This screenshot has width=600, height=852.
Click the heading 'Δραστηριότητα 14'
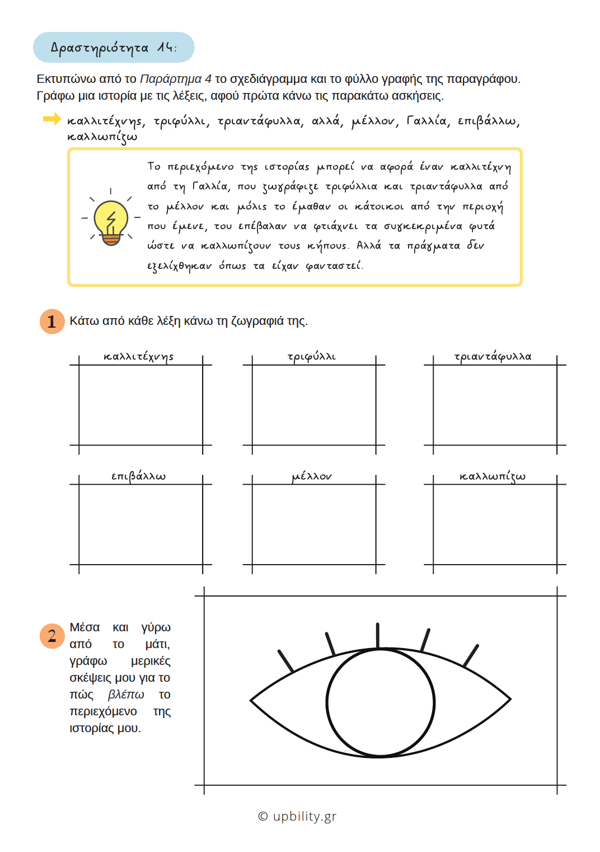coord(114,48)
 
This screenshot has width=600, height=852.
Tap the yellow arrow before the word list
coord(51,119)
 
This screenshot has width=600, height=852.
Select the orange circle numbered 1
coord(52,322)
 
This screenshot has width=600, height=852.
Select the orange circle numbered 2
coord(52,636)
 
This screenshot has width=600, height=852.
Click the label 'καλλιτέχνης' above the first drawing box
coord(139,357)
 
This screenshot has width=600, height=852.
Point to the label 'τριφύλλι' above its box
coord(312,357)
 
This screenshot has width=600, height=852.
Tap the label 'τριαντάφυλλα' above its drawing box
coord(493,357)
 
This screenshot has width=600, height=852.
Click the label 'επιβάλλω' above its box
coord(139,477)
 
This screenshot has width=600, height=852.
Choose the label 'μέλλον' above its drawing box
coord(312,477)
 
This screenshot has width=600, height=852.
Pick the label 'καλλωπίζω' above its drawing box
coord(493,477)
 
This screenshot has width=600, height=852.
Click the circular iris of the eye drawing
coord(381,702)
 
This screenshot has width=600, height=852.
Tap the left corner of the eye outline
coord(251,700)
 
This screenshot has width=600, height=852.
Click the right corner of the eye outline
coord(510,700)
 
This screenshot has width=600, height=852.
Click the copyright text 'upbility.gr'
coord(304,816)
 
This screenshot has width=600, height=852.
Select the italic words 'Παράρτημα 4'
coord(176,79)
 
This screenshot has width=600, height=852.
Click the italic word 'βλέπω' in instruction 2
coord(126,695)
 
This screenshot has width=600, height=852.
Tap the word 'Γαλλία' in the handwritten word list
coord(427,121)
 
